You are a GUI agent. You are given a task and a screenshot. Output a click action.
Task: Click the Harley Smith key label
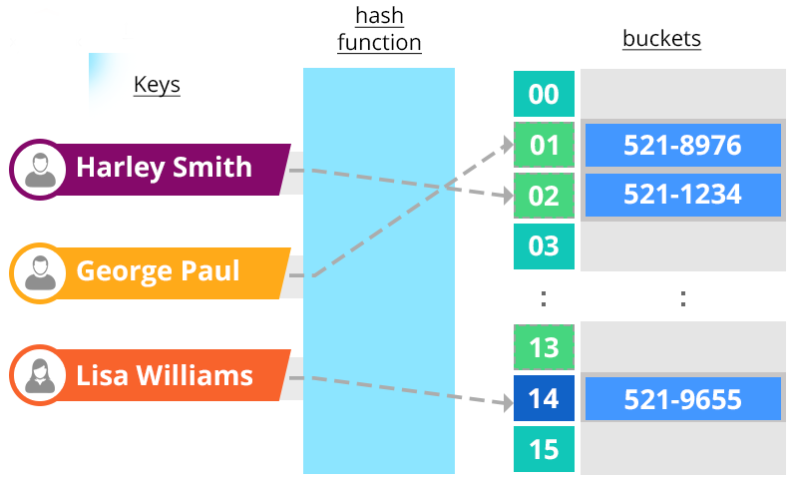pos(165,167)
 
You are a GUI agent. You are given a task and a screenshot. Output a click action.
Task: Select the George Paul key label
pos(158,270)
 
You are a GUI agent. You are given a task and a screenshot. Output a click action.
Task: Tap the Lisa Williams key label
pos(165,375)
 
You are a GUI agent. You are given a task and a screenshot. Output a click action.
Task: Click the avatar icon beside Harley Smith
pos(41,168)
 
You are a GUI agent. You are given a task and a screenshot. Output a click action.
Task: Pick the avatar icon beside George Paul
pos(41,271)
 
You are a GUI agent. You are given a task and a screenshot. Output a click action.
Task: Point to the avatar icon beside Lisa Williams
pos(41,375)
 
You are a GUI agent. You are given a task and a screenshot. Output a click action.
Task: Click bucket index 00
pos(544,95)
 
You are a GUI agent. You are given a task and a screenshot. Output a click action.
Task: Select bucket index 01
pos(544,146)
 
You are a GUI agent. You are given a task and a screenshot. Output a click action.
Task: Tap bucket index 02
pos(544,196)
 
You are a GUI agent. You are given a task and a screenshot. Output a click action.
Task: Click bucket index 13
pos(544,348)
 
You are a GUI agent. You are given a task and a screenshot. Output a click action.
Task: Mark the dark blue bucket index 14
pos(544,399)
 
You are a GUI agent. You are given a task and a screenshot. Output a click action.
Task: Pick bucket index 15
pos(544,450)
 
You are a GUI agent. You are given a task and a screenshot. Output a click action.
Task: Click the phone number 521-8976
pos(682,146)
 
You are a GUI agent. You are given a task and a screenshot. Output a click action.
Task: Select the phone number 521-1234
pos(682,195)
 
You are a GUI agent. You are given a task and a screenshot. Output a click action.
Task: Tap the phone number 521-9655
pos(682,399)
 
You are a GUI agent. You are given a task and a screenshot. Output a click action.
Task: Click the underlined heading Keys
pos(157,85)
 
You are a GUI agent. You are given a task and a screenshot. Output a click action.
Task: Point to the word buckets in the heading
pos(661,39)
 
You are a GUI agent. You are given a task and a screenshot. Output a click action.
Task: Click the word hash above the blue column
pos(379,17)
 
